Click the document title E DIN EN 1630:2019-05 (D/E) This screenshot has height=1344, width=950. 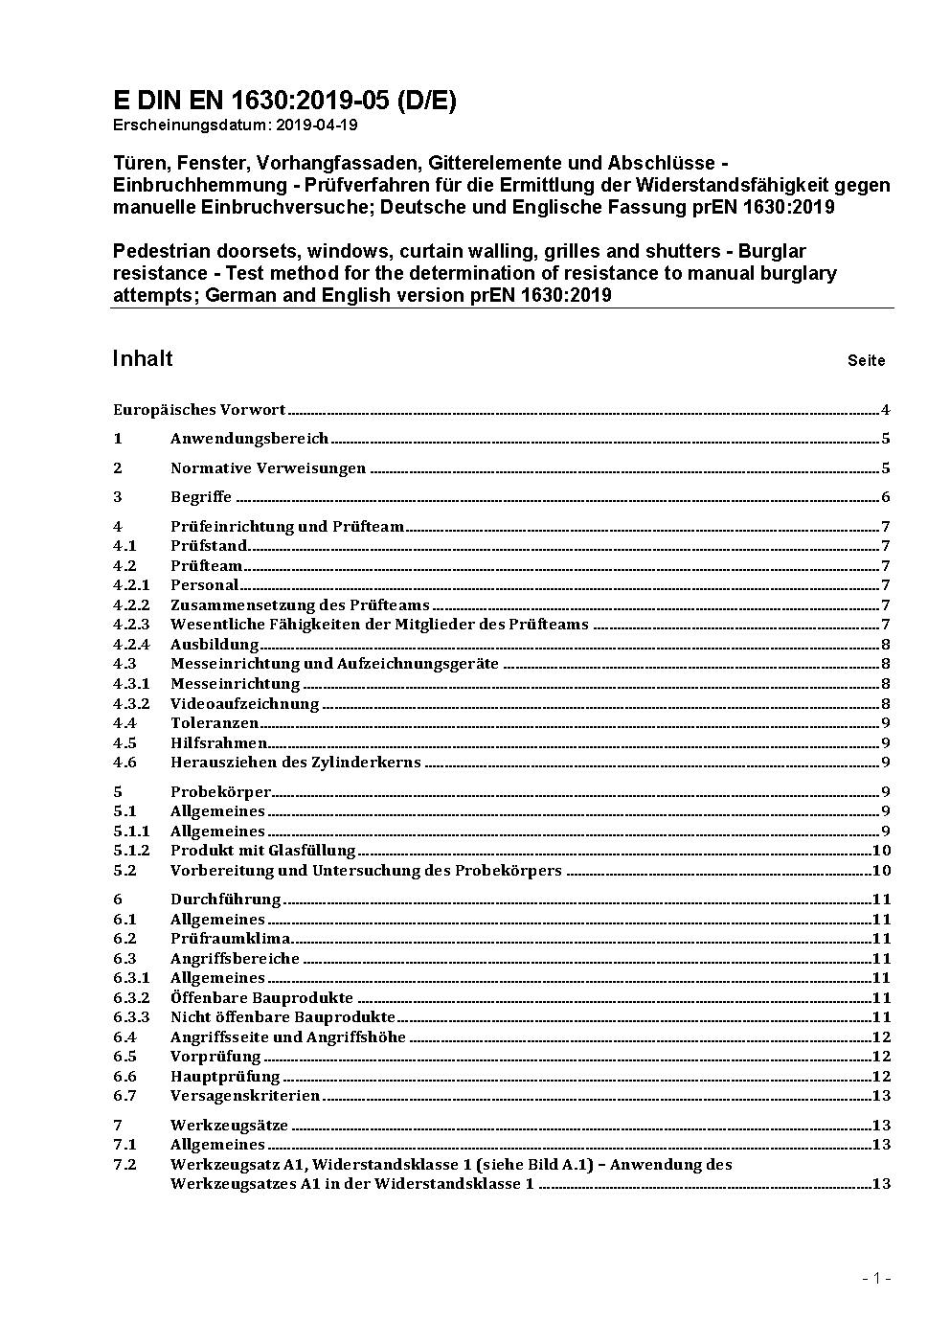coord(284,102)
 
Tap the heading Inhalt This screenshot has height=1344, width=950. coord(143,358)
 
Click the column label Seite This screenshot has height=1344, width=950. coord(866,361)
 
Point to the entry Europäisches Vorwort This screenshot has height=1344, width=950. coord(199,410)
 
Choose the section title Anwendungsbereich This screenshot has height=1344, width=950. coord(249,439)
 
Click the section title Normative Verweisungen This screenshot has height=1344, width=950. coord(268,468)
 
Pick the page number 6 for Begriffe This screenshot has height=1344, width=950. coord(886,497)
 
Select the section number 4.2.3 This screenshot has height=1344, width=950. coord(131,625)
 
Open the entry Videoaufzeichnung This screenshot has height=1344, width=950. coord(244,704)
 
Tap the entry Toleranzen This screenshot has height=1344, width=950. coord(215,723)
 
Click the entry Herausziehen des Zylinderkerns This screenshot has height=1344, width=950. coord(295,763)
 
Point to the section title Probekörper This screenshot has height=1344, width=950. coord(220,792)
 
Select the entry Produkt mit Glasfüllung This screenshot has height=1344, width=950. coord(262,851)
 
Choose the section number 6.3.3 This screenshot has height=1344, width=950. coord(131,1017)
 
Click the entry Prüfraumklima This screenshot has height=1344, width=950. coord(230,939)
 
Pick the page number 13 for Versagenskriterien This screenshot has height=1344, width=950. coord(881,1096)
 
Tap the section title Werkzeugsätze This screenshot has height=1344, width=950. coord(229,1126)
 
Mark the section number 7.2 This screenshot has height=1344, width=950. coord(124,1165)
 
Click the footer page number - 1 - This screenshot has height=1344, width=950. coord(876,1278)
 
